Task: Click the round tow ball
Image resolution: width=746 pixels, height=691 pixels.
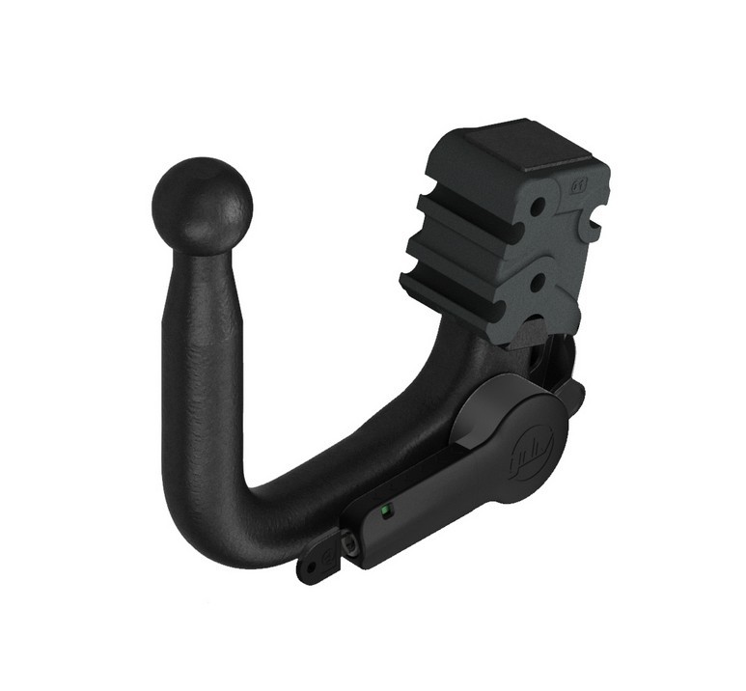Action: point(202,204)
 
